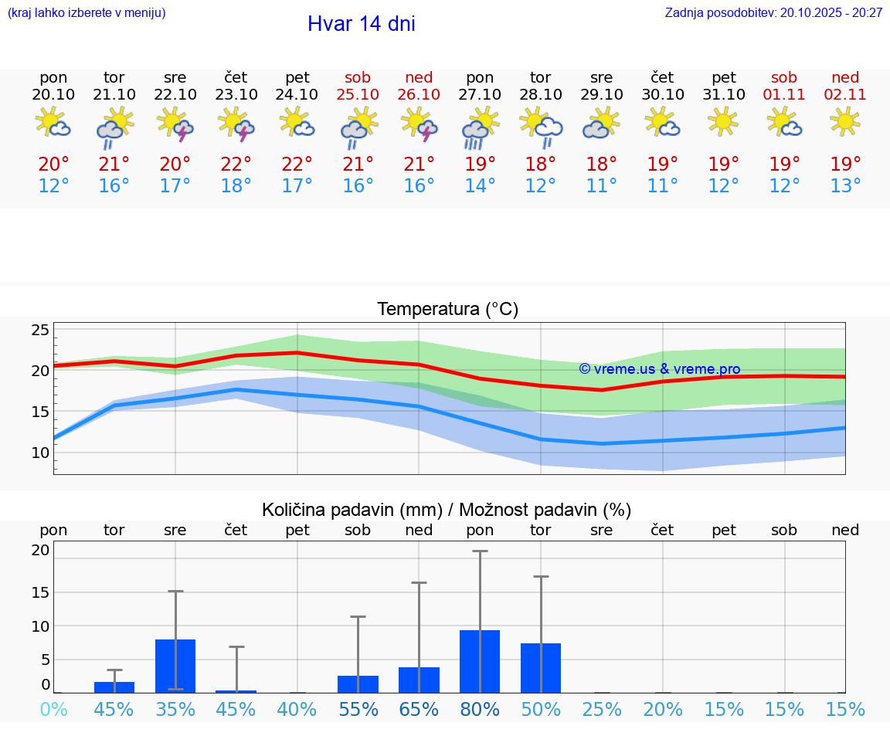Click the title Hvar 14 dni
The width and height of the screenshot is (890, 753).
(x=361, y=24)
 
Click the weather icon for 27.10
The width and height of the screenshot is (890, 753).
(x=480, y=127)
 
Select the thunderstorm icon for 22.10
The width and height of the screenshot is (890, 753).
(x=175, y=124)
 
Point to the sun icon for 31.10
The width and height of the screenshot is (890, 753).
(x=723, y=122)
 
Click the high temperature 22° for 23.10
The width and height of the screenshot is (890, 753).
(x=236, y=165)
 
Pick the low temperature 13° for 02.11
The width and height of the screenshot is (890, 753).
(x=845, y=186)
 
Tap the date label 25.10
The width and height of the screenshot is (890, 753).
(x=358, y=95)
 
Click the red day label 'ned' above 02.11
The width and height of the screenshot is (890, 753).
(x=845, y=77)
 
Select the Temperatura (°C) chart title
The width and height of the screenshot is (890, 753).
(x=447, y=309)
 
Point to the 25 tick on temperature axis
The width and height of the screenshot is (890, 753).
(x=40, y=331)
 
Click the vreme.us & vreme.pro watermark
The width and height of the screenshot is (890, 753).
(x=660, y=369)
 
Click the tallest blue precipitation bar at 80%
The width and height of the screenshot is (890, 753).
(x=480, y=662)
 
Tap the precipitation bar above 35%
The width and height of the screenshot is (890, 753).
(x=175, y=666)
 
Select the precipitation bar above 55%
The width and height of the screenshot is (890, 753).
(x=358, y=684)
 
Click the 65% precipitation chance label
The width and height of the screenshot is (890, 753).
(x=419, y=709)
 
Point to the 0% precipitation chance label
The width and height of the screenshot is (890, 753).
(x=53, y=709)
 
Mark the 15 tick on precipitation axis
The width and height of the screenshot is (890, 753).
(x=40, y=592)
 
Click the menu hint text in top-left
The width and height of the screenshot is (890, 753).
(x=87, y=12)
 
